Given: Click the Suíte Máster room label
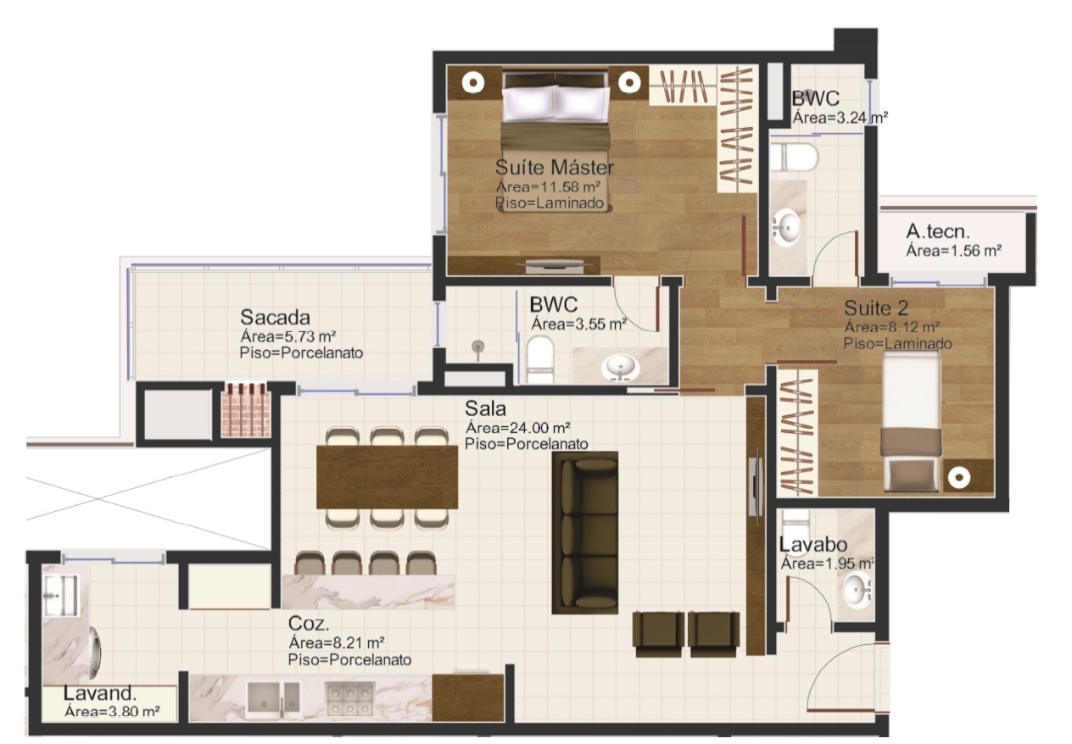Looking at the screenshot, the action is tap(554, 167).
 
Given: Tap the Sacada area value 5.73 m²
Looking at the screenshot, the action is tap(288, 336).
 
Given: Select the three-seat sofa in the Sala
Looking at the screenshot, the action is tap(585, 533).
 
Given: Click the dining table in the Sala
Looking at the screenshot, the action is tap(388, 477).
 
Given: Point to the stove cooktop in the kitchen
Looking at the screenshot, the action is tap(350, 698).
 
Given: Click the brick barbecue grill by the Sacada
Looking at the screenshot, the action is tap(246, 409).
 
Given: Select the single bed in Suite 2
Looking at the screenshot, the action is tap(912, 422).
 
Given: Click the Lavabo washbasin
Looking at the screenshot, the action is tap(857, 589).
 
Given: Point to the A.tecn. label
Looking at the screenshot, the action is tap(937, 231).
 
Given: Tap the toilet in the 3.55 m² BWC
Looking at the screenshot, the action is tap(540, 359).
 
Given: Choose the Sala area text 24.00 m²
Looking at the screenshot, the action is tap(518, 427).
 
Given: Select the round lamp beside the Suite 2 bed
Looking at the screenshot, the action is tap(959, 478).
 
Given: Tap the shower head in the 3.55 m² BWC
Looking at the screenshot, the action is tap(477, 347).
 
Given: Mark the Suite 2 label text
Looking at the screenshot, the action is tap(876, 308).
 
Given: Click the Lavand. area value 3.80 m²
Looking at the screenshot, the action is tap(113, 711).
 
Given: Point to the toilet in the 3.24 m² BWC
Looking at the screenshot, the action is tap(795, 158).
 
